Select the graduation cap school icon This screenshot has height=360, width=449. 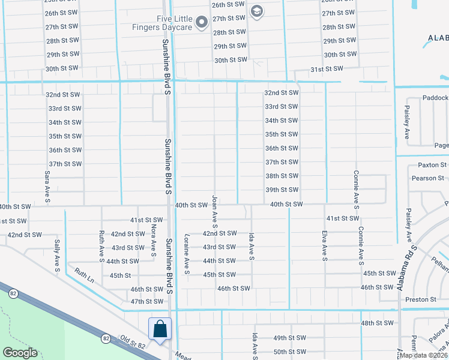click(x=256, y=11)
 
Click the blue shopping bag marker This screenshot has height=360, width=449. click(x=160, y=329)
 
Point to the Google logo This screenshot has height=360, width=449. click(x=20, y=353)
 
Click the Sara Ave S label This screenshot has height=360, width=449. click(x=46, y=187)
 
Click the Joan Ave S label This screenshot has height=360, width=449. click(x=214, y=211)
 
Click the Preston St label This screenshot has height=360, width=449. click(x=420, y=299)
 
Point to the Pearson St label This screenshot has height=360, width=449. click(x=427, y=178)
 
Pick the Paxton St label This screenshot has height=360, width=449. click(x=432, y=165)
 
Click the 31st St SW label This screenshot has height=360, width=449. click(x=327, y=70)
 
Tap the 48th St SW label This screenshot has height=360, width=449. click(x=377, y=323)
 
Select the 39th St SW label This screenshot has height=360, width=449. click(x=282, y=190)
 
